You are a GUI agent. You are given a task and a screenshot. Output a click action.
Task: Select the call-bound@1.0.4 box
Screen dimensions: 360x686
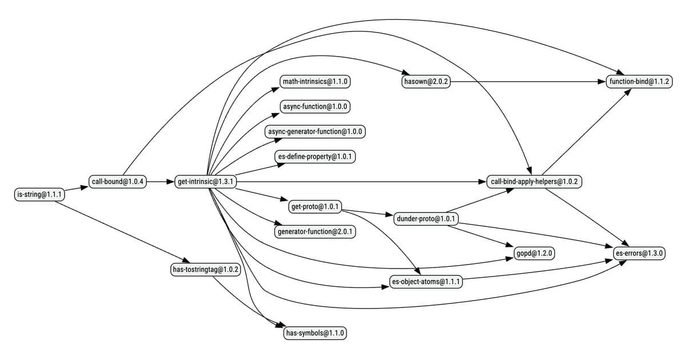pos(118,182)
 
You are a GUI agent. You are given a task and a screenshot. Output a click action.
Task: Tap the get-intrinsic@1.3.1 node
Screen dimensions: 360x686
pos(206,182)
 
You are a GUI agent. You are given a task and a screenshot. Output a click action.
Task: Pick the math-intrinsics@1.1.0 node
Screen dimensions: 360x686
pos(316,82)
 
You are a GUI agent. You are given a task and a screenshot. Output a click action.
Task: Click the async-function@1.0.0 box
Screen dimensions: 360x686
pos(316,106)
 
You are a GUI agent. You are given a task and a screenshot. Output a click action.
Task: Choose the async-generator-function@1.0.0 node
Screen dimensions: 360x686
pos(316,131)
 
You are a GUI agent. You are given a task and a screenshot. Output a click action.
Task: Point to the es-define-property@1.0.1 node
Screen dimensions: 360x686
pos(316,157)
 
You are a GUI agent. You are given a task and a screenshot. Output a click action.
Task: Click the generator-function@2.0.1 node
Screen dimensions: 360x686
pos(316,231)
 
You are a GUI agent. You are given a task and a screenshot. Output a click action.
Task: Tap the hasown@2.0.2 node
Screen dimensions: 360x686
pos(426,82)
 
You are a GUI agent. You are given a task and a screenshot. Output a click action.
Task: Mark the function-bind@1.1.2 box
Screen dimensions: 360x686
pos(640,82)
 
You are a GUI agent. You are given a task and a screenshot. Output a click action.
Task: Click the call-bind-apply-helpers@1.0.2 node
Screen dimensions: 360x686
pos(535,182)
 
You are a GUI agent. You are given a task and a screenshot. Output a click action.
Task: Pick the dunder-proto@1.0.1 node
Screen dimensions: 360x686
pos(426,219)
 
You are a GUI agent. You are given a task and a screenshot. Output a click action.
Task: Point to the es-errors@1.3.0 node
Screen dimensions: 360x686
pos(640,252)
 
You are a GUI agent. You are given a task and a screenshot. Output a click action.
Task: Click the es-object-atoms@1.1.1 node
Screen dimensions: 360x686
pos(426,281)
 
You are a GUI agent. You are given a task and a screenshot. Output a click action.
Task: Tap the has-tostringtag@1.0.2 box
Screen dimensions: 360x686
pos(206,269)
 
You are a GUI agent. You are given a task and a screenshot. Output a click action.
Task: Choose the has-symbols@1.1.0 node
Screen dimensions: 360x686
pos(316,333)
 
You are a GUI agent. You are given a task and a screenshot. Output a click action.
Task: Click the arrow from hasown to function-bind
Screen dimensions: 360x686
pos(532,82)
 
